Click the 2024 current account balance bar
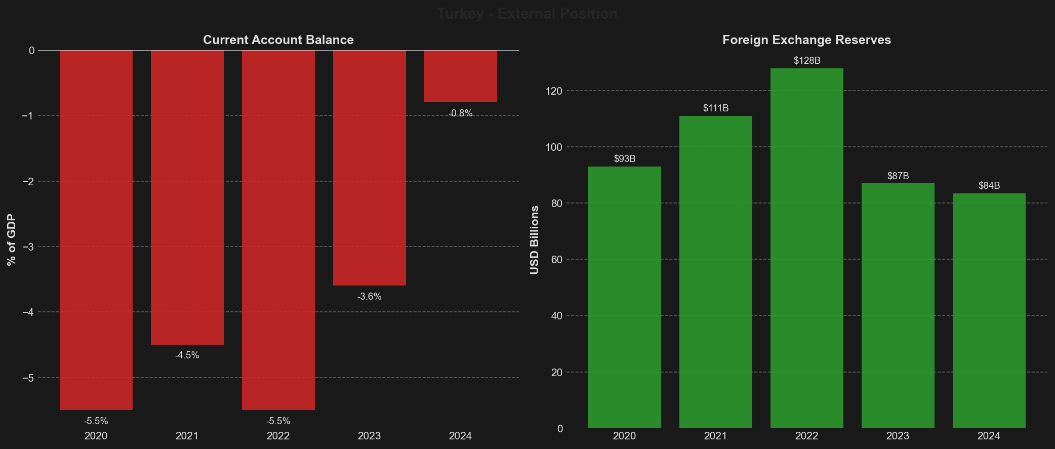click(460, 76)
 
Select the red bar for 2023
click(369, 168)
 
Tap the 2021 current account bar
click(187, 197)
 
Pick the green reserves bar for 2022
click(806, 248)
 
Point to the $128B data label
click(807, 61)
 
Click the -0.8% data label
click(461, 113)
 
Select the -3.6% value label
click(369, 297)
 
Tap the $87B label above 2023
click(898, 176)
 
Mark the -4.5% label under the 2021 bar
click(187, 355)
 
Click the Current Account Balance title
click(278, 40)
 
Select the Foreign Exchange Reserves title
click(806, 40)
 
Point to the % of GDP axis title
click(12, 240)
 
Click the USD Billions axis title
click(535, 240)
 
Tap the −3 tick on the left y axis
click(28, 247)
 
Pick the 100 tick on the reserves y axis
click(556, 147)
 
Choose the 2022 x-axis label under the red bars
click(278, 436)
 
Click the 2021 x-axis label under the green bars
click(715, 436)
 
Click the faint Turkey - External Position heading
click(527, 14)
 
